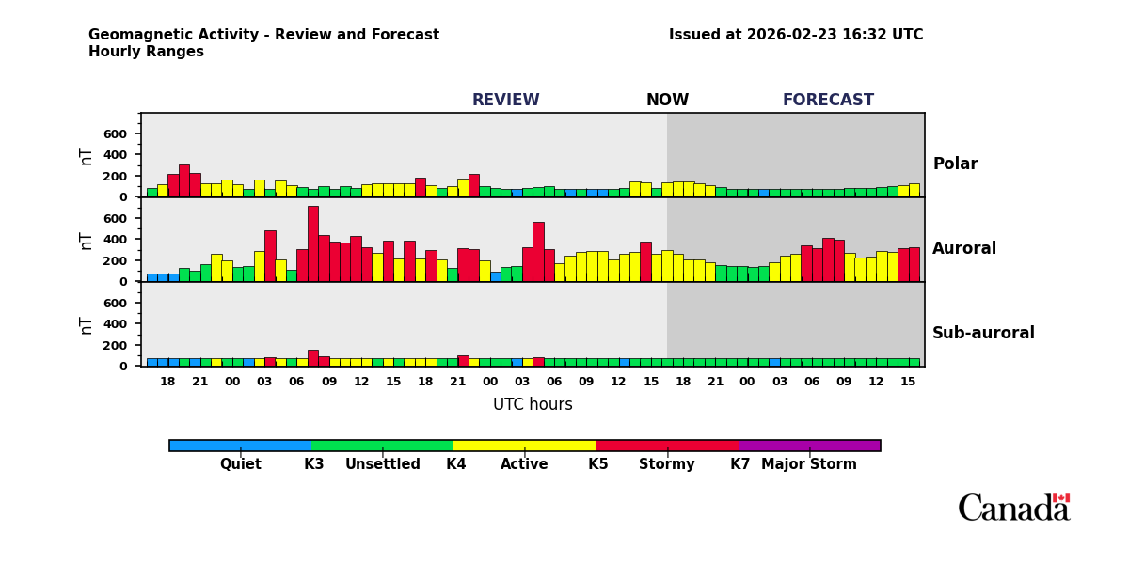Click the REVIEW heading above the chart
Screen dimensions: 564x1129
(x=505, y=101)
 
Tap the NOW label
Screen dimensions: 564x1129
(x=667, y=101)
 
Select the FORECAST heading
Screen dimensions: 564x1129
(x=828, y=101)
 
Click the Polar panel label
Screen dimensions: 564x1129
(x=955, y=164)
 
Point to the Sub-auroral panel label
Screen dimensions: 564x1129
(x=983, y=334)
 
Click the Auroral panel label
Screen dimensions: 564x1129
(x=964, y=249)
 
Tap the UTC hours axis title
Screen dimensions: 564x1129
(x=533, y=405)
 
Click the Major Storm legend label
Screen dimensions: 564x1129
(x=809, y=464)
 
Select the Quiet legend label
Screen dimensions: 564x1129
(x=241, y=464)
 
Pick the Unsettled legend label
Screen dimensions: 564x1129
(x=383, y=464)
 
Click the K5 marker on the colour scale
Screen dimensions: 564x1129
(x=598, y=464)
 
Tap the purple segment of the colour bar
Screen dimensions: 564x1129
(x=809, y=446)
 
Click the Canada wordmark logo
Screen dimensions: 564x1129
(x=1013, y=509)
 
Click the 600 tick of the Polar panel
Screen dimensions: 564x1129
(x=115, y=133)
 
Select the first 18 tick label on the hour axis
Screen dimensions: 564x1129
(x=167, y=382)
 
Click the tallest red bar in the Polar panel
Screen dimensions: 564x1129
(x=184, y=180)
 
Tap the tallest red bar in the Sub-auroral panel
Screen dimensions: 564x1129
(x=312, y=358)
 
